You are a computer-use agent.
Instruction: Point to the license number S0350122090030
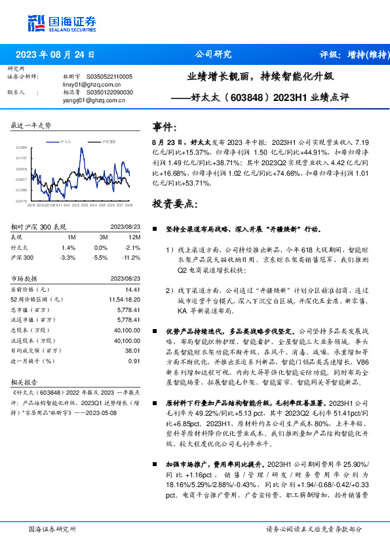109,92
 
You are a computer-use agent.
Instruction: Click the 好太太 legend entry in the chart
66,141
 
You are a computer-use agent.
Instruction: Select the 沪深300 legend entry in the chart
108,141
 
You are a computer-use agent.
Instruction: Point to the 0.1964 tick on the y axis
22,148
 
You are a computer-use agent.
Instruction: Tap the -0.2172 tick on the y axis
21,201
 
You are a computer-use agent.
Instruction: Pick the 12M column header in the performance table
135,237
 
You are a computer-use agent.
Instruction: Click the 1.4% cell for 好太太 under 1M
69,248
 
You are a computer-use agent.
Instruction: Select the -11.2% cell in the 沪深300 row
132,258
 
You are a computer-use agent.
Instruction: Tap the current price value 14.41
133,289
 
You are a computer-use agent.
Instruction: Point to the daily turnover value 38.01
132,351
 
